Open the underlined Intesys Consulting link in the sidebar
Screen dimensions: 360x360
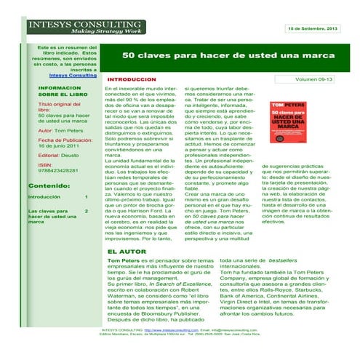coord(73,75)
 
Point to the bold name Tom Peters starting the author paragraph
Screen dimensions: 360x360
coord(122,260)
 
